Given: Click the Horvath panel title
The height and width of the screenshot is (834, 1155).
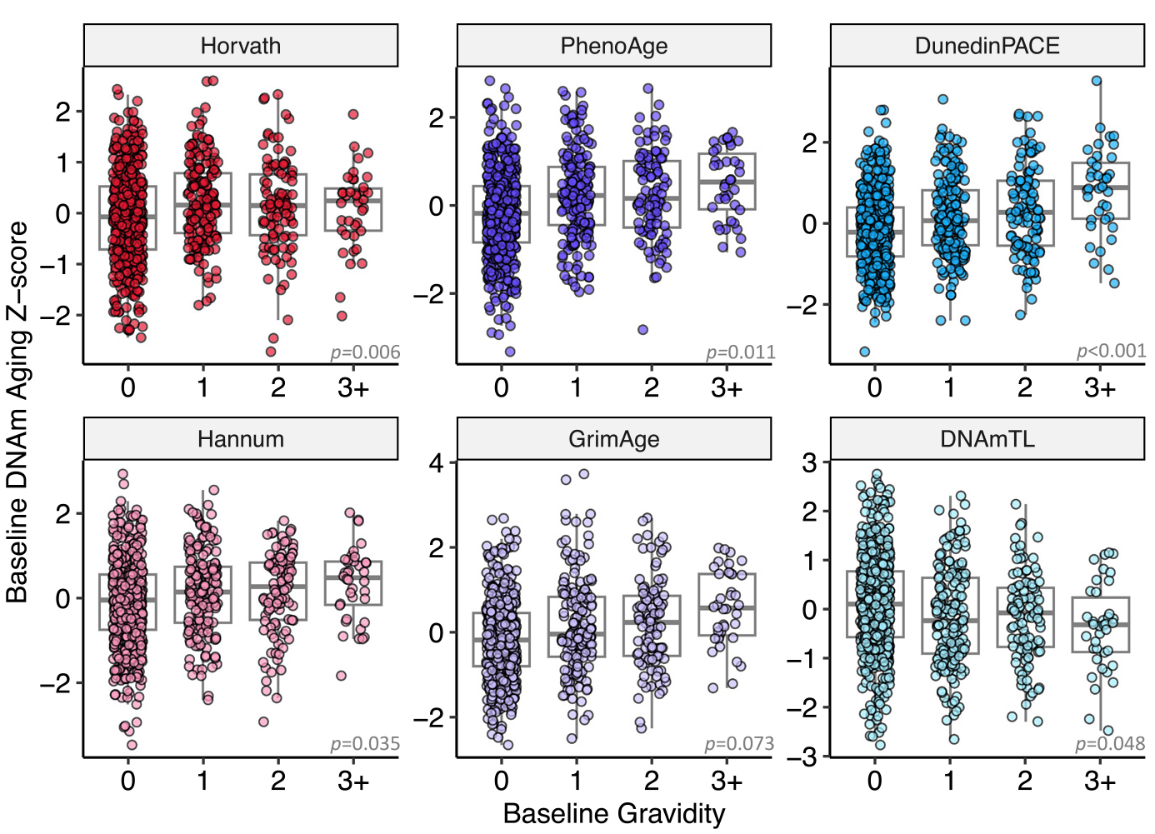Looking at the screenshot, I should coord(240,45).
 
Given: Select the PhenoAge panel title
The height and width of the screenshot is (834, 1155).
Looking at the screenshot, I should coord(613,45).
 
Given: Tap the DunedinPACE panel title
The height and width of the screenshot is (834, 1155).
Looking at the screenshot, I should coord(987,45).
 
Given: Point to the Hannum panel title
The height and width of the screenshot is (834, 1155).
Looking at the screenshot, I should coord(240,439).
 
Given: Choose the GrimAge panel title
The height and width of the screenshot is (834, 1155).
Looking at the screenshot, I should coord(613,439).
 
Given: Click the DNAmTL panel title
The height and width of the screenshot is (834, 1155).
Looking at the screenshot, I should coord(987,439).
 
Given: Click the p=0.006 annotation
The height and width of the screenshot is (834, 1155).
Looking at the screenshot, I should coord(365,352).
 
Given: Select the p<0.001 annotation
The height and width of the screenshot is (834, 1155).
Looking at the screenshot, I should coord(1111,351).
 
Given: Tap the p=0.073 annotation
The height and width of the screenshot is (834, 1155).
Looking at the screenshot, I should coord(739,744).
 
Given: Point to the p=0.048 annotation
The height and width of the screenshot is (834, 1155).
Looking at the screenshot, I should coord(1110,744).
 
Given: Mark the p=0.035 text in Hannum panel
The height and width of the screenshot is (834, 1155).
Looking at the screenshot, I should coord(365,744).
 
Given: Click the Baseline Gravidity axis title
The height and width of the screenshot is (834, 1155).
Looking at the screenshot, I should coord(614,814).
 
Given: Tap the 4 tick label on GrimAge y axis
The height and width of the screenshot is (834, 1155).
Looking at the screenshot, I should coord(436,463).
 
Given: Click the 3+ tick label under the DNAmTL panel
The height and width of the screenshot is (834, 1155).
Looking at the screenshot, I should coord(1100,782).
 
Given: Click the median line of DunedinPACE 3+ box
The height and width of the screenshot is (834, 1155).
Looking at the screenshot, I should coord(1100,187).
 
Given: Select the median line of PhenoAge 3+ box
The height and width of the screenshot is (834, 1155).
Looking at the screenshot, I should coord(727,182).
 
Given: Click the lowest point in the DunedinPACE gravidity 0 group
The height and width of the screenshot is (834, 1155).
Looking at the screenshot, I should coord(865,352).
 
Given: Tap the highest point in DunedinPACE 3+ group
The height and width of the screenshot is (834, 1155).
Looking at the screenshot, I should coord(1097,81).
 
